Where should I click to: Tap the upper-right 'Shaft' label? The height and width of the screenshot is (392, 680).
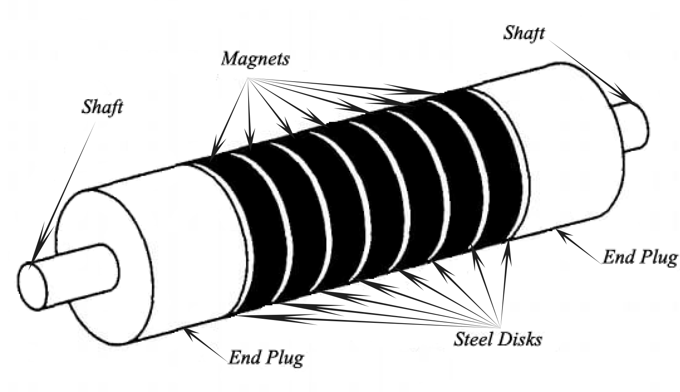point(524,33)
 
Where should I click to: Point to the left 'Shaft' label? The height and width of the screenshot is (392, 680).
point(102,107)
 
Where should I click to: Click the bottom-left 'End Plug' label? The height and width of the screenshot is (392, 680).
point(266,357)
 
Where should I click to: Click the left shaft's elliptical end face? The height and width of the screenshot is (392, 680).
point(33,285)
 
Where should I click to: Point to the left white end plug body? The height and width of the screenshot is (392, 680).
point(189,241)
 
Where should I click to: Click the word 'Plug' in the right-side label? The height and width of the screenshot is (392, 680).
point(660,257)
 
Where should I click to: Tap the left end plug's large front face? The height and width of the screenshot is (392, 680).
point(104,265)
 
